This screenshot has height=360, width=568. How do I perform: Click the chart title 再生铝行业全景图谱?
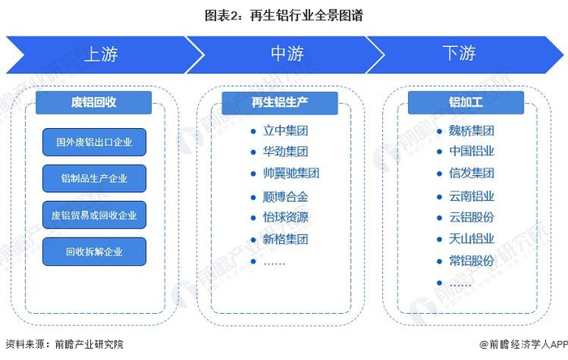(x=284, y=14)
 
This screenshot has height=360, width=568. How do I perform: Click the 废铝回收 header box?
(x=94, y=102)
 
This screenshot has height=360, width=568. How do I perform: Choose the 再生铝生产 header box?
(x=279, y=102)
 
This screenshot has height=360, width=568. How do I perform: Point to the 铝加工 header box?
(x=466, y=102)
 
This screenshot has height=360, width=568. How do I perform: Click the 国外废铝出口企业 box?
(x=94, y=143)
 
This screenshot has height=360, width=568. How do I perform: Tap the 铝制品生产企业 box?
(x=94, y=179)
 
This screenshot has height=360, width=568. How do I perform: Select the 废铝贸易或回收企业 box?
(x=94, y=216)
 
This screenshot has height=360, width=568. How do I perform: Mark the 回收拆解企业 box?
(x=94, y=252)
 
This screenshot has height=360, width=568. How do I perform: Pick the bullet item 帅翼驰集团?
(x=290, y=174)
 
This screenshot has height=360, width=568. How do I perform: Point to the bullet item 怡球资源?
(x=285, y=217)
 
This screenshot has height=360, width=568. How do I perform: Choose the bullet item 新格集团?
(x=285, y=239)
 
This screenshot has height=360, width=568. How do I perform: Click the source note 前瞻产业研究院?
(x=65, y=345)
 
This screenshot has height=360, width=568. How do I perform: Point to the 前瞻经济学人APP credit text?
(x=523, y=345)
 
